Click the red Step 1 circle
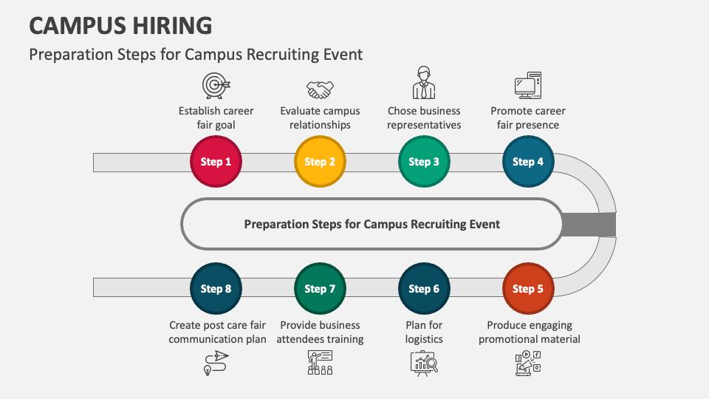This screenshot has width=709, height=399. [216, 162]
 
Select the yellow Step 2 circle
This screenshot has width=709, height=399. [320, 162]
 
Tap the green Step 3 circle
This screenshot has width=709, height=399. [424, 162]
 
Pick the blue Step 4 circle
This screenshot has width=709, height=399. [528, 162]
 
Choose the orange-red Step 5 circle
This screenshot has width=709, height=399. [528, 289]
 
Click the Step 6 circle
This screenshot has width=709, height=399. [424, 289]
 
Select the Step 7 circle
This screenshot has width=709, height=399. [320, 289]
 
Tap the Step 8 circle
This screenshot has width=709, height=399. [216, 289]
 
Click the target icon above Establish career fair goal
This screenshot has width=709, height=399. [216, 85]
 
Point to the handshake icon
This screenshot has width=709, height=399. [320, 89]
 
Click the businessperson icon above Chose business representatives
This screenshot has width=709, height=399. [424, 83]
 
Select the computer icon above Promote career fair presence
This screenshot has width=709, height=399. [528, 85]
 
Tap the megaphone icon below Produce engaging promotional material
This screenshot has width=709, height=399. [528, 364]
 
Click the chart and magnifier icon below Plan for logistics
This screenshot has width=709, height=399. [424, 364]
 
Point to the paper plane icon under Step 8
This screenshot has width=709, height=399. [216, 362]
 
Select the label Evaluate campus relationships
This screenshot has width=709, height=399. [320, 118]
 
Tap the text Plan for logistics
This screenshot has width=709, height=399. [424, 332]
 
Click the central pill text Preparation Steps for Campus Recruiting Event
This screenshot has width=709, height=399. [371, 224]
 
